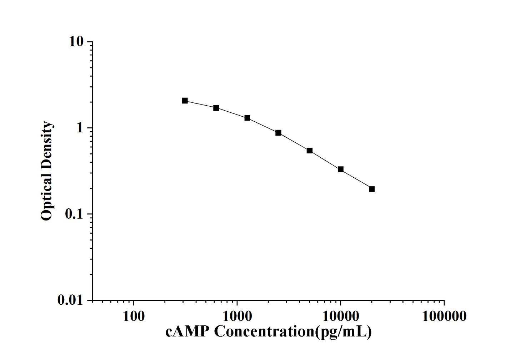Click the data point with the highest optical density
(x=185, y=101)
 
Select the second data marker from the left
(x=216, y=108)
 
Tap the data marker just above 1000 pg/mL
(x=247, y=118)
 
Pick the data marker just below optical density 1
(x=278, y=133)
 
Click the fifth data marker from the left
(x=310, y=151)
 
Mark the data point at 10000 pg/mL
(x=341, y=169)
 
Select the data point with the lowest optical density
(x=372, y=189)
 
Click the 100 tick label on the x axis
(x=134, y=316)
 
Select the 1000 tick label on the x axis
(x=237, y=316)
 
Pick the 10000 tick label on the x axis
(x=341, y=316)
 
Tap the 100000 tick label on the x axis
(x=444, y=316)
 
